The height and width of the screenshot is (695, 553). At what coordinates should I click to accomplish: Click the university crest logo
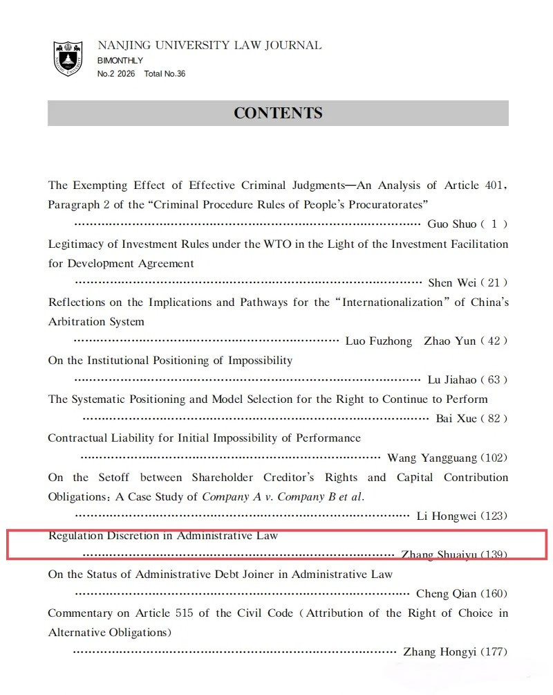(68, 58)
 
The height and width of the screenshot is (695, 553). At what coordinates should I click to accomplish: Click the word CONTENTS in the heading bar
(278, 114)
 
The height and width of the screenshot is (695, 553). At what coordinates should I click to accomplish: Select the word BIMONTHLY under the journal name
(120, 61)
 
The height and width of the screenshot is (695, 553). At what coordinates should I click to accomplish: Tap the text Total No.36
(165, 74)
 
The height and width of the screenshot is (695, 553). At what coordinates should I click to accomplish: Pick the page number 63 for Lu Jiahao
(494, 380)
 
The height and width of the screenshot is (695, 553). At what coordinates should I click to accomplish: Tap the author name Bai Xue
(453, 419)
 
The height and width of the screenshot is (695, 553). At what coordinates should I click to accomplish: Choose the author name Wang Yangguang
(432, 458)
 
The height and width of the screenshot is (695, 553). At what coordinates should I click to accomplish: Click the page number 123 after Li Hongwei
(494, 516)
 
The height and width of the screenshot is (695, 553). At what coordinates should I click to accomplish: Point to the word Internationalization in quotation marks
(394, 303)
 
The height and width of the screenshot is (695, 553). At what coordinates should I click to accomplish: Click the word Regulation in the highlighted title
(75, 536)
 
